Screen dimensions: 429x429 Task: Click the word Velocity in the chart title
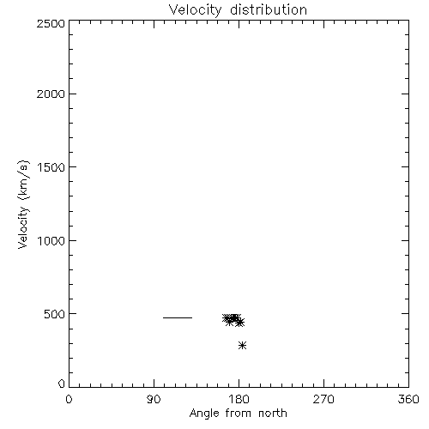pyautogui.click(x=196, y=10)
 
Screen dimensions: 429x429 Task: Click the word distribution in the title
pyautogui.click(x=269, y=9)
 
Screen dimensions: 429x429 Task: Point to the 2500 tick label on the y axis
pyautogui.click(x=51, y=23)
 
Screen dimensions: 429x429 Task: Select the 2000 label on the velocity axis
pyautogui.click(x=51, y=94)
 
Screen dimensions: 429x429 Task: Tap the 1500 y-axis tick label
pyautogui.click(x=51, y=167)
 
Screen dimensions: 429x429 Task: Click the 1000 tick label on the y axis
pyautogui.click(x=51, y=241)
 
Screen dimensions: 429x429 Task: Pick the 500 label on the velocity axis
pyautogui.click(x=55, y=314)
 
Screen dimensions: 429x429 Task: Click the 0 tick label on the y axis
pyautogui.click(x=62, y=384)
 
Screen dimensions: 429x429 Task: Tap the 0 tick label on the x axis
pyautogui.click(x=69, y=399)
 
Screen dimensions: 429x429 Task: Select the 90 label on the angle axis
pyautogui.click(x=154, y=399)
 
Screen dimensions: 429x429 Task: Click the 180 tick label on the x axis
pyautogui.click(x=239, y=399)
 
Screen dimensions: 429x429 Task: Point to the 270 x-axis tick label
pyautogui.click(x=323, y=399)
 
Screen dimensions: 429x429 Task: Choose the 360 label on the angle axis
pyautogui.click(x=408, y=399)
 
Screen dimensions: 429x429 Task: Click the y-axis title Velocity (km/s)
pyautogui.click(x=23, y=204)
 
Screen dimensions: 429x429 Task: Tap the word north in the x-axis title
pyautogui.click(x=273, y=413)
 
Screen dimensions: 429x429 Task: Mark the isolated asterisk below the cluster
pyautogui.click(x=242, y=346)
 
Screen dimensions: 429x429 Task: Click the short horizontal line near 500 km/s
pyautogui.click(x=178, y=317)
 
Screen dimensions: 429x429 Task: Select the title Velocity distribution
pyautogui.click(x=238, y=10)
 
